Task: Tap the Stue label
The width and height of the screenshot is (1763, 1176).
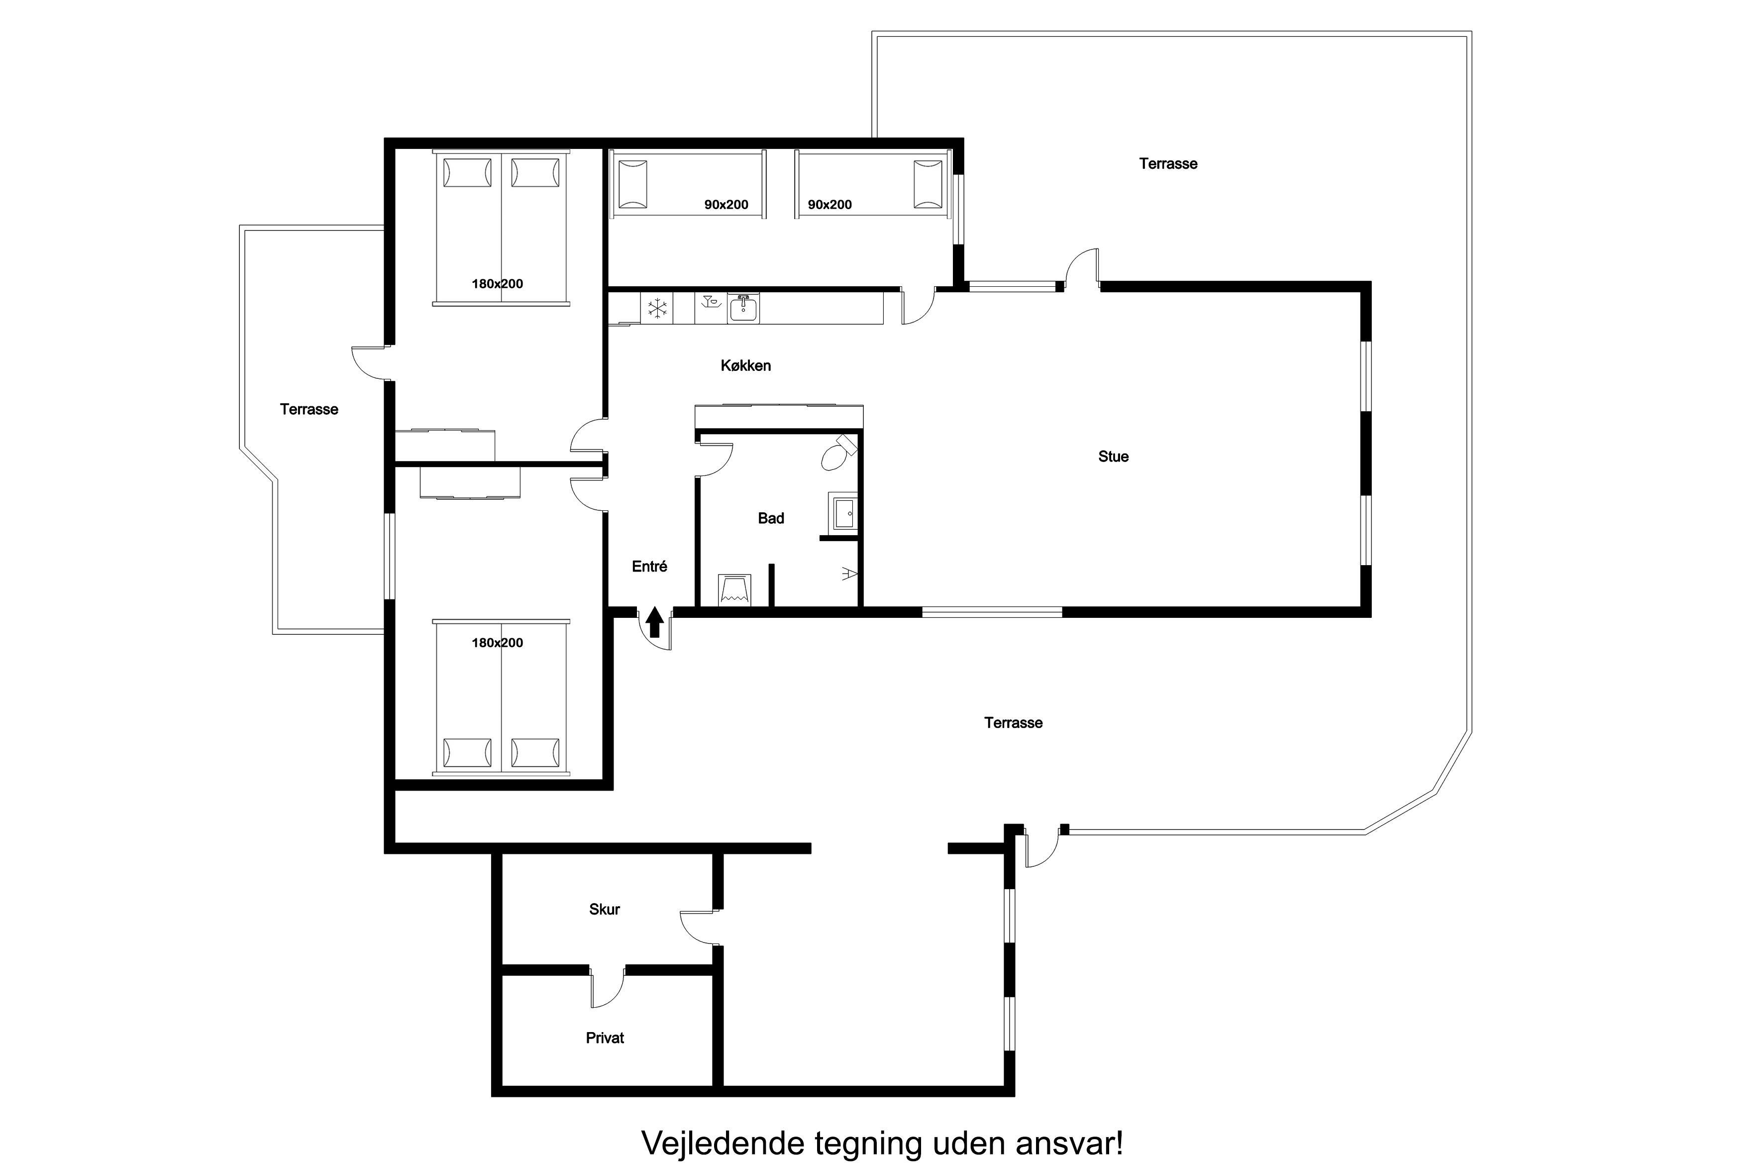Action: point(1113,456)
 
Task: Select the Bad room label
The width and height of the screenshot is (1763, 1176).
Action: point(771,518)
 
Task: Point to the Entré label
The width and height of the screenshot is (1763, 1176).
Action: point(649,566)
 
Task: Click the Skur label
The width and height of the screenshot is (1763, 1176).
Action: point(604,909)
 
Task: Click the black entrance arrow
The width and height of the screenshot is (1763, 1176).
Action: point(654,622)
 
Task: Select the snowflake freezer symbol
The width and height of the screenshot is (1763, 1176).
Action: point(657,308)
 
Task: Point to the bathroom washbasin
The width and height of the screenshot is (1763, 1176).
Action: point(844,513)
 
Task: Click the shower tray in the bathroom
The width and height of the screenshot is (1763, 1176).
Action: point(734,589)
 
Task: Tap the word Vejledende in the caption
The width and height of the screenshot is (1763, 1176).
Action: point(723,1143)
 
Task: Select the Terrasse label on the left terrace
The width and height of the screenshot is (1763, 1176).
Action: point(309,409)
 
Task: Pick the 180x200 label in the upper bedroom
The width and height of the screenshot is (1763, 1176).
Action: point(497,283)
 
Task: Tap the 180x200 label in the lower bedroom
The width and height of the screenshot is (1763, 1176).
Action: point(497,643)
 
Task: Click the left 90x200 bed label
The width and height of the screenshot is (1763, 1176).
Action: point(726,204)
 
